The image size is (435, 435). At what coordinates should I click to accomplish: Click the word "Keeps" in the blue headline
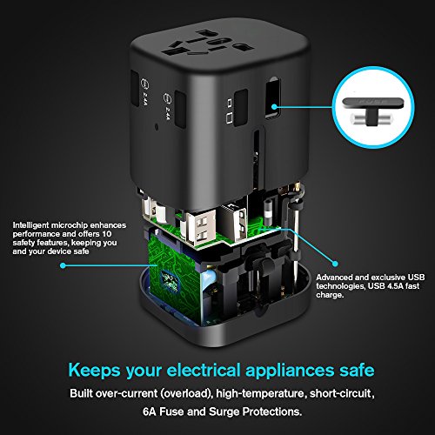[94, 371]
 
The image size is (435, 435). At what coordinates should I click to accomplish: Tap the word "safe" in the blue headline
[357, 371]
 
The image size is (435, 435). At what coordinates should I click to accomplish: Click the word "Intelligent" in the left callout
[30, 225]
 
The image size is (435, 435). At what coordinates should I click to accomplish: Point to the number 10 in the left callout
[107, 234]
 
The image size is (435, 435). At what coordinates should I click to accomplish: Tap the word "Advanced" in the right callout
[334, 278]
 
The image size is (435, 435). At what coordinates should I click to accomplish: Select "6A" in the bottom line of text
[150, 412]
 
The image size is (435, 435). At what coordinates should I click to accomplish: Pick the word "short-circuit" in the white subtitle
[341, 393]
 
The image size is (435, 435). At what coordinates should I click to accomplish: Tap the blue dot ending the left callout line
[63, 265]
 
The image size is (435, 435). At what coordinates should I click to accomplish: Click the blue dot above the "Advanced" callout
[335, 264]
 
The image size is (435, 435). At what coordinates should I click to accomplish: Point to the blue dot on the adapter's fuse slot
[274, 107]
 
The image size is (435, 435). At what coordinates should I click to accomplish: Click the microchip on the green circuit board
[170, 280]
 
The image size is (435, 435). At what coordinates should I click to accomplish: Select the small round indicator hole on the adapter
[157, 127]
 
